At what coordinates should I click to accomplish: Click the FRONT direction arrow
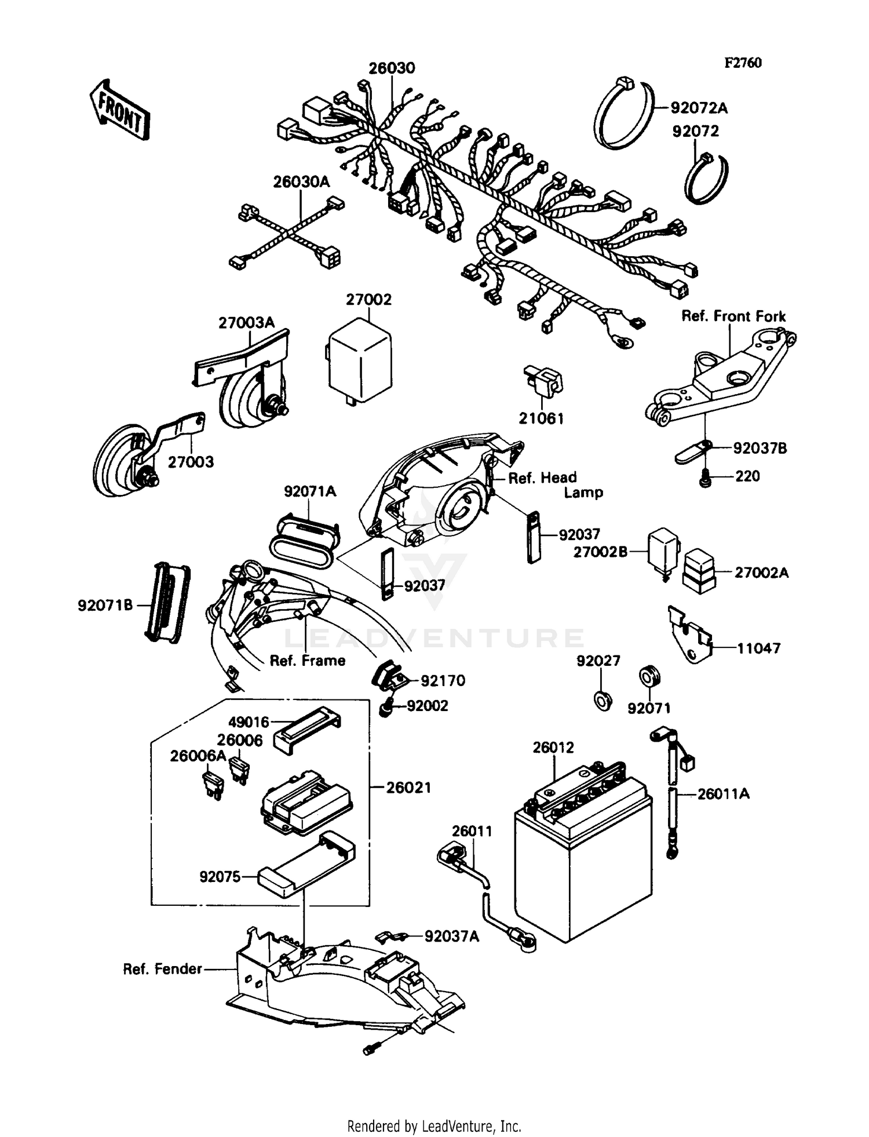point(119,110)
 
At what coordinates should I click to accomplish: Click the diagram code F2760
point(743,63)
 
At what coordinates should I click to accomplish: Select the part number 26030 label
point(392,68)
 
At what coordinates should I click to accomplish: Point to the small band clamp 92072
point(706,178)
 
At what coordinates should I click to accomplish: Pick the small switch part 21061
point(543,381)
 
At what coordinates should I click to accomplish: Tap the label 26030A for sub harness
point(301,182)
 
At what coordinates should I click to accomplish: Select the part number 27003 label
point(191,462)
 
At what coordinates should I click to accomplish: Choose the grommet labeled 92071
point(649,677)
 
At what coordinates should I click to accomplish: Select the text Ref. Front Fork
point(733,316)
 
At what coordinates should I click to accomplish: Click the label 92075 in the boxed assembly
point(220,877)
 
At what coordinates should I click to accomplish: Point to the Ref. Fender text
point(162,969)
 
